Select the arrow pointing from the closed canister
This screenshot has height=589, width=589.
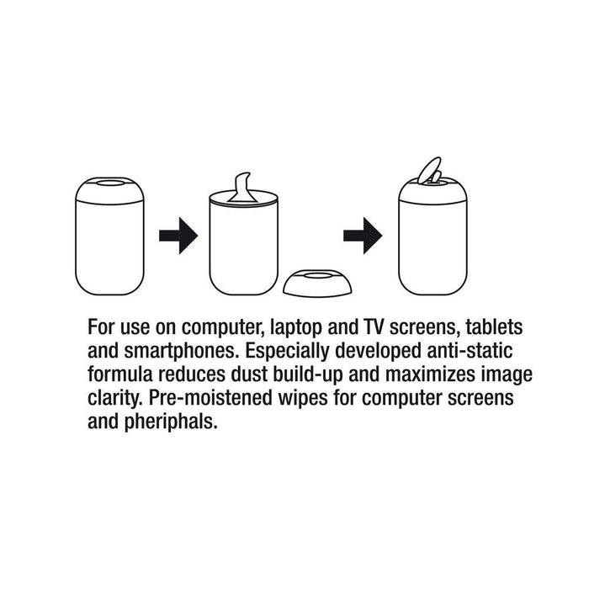tap(178, 236)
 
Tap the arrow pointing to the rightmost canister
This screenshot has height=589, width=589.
tap(363, 236)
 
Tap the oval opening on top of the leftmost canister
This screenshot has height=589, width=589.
tap(109, 181)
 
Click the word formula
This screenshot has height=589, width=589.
tap(118, 374)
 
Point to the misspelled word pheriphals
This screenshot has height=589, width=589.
tap(170, 422)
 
